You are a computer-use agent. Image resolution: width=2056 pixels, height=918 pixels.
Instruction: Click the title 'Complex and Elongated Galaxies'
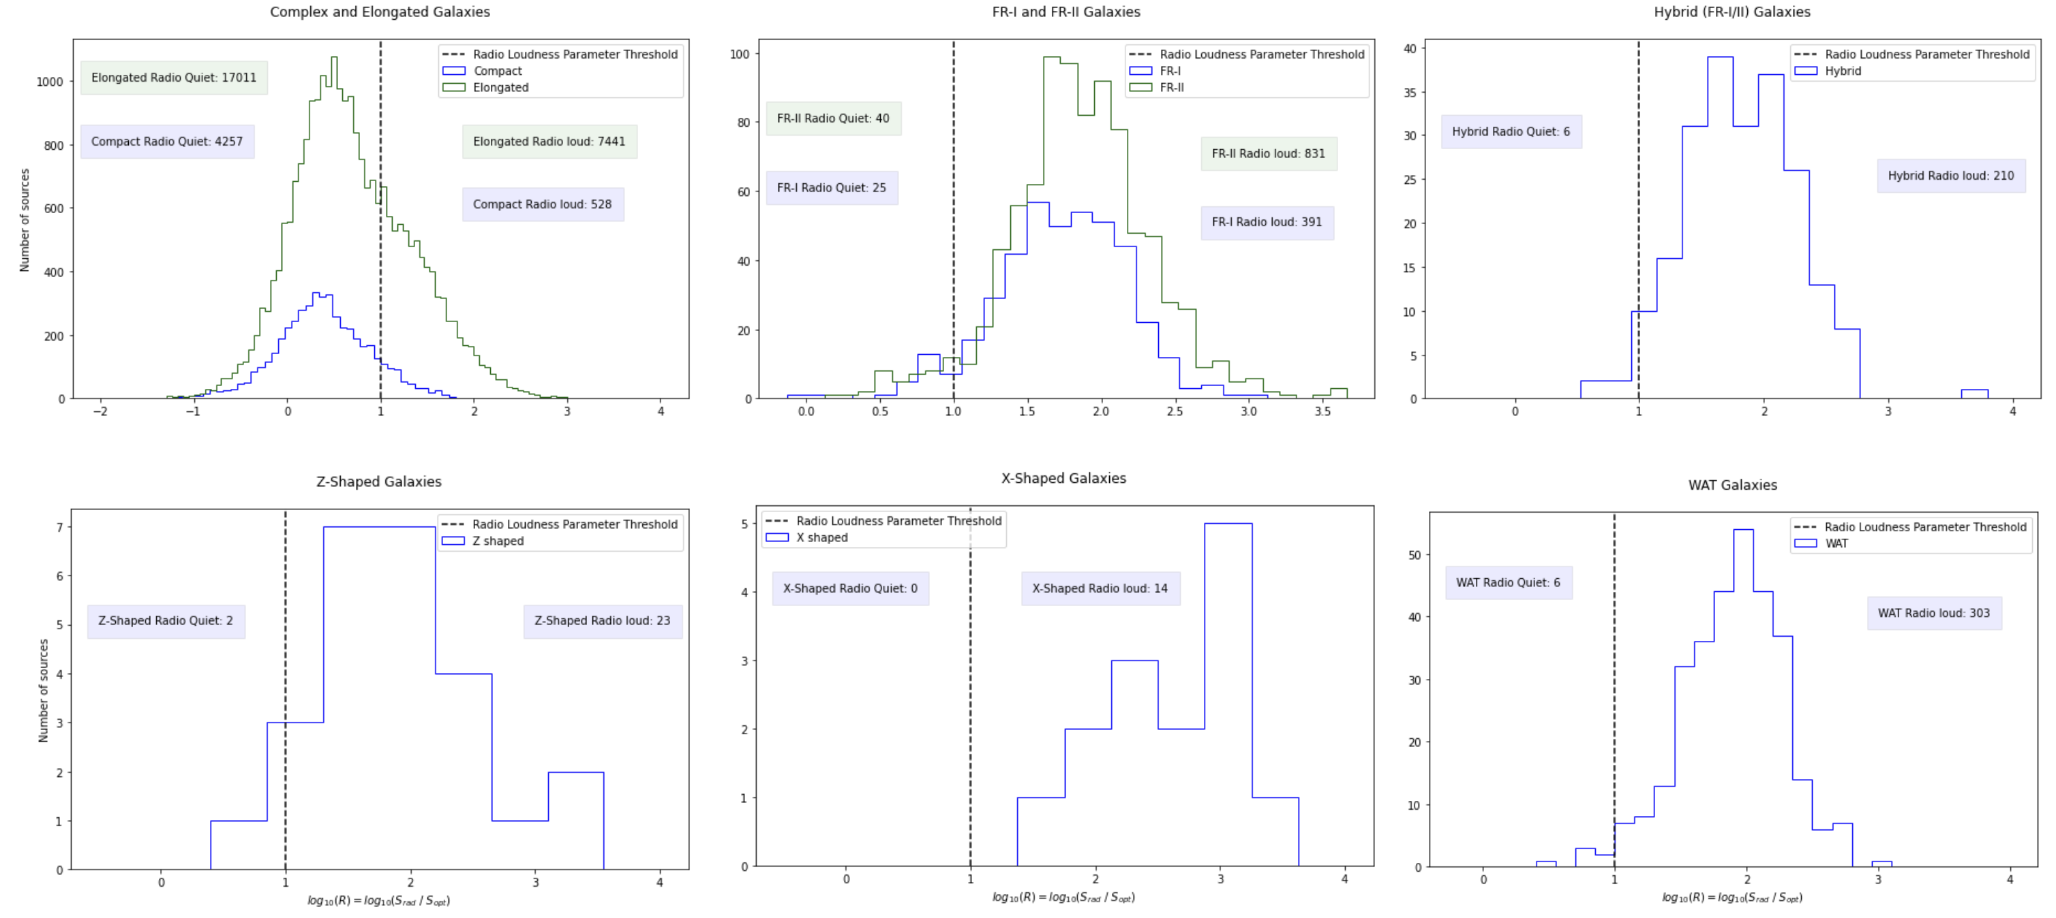(380, 12)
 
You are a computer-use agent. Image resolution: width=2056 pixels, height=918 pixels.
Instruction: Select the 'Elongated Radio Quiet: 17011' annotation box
(173, 78)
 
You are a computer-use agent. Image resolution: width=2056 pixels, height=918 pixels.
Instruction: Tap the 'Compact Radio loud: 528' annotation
(542, 205)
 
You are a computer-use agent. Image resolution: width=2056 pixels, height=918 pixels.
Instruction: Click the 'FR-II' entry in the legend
(1171, 88)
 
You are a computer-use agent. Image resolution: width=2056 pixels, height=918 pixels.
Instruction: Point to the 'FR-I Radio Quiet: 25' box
(831, 188)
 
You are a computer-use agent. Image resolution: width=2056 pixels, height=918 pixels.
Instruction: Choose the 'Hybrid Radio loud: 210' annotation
(1950, 176)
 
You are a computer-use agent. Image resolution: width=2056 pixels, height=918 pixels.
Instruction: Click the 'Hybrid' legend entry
(1842, 71)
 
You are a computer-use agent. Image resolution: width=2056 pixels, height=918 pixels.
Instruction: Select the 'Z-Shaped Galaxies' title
(378, 481)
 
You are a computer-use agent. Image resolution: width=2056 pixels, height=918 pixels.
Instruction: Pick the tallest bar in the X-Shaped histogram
(1228, 694)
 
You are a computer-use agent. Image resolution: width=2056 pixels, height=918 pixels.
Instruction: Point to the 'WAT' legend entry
(1836, 544)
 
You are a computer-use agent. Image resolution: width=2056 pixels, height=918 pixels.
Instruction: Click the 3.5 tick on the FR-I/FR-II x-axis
(1322, 412)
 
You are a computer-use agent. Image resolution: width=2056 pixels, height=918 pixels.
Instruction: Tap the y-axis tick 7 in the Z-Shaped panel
(59, 528)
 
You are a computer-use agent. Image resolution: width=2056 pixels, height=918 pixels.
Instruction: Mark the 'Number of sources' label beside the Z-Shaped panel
(43, 691)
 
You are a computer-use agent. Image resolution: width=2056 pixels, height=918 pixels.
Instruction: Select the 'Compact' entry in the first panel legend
(497, 71)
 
